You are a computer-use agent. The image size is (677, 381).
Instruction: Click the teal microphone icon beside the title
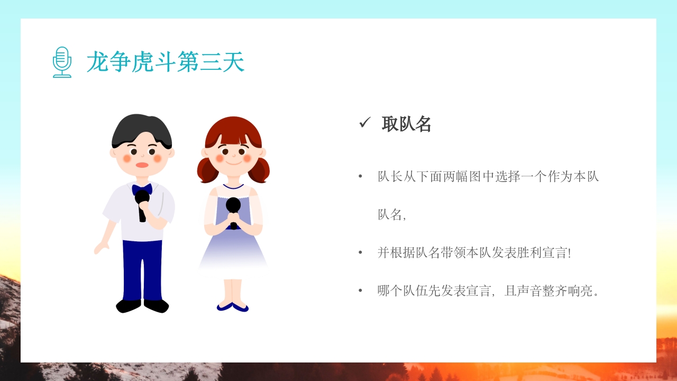pyautogui.click(x=62, y=62)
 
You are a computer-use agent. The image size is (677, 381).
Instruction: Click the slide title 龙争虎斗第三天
pyautogui.click(x=165, y=62)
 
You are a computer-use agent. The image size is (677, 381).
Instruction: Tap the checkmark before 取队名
pyautogui.click(x=364, y=123)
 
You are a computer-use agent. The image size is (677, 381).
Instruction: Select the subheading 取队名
pyautogui.click(x=406, y=124)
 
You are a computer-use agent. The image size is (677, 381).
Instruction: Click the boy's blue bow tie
pyautogui.click(x=142, y=189)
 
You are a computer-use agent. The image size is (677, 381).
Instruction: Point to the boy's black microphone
pyautogui.click(x=142, y=203)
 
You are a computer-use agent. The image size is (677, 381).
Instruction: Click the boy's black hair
pyautogui.click(x=141, y=128)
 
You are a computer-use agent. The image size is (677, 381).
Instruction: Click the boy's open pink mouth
pyautogui.click(x=142, y=165)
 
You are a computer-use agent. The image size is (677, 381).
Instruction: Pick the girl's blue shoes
pyautogui.click(x=233, y=307)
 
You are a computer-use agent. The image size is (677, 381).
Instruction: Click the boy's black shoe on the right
pyautogui.click(x=157, y=305)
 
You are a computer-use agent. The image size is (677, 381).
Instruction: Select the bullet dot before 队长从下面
pyautogui.click(x=360, y=176)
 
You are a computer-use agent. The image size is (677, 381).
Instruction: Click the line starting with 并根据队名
pyautogui.click(x=474, y=252)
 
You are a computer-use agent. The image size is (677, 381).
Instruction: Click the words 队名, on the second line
pyautogui.click(x=391, y=214)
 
